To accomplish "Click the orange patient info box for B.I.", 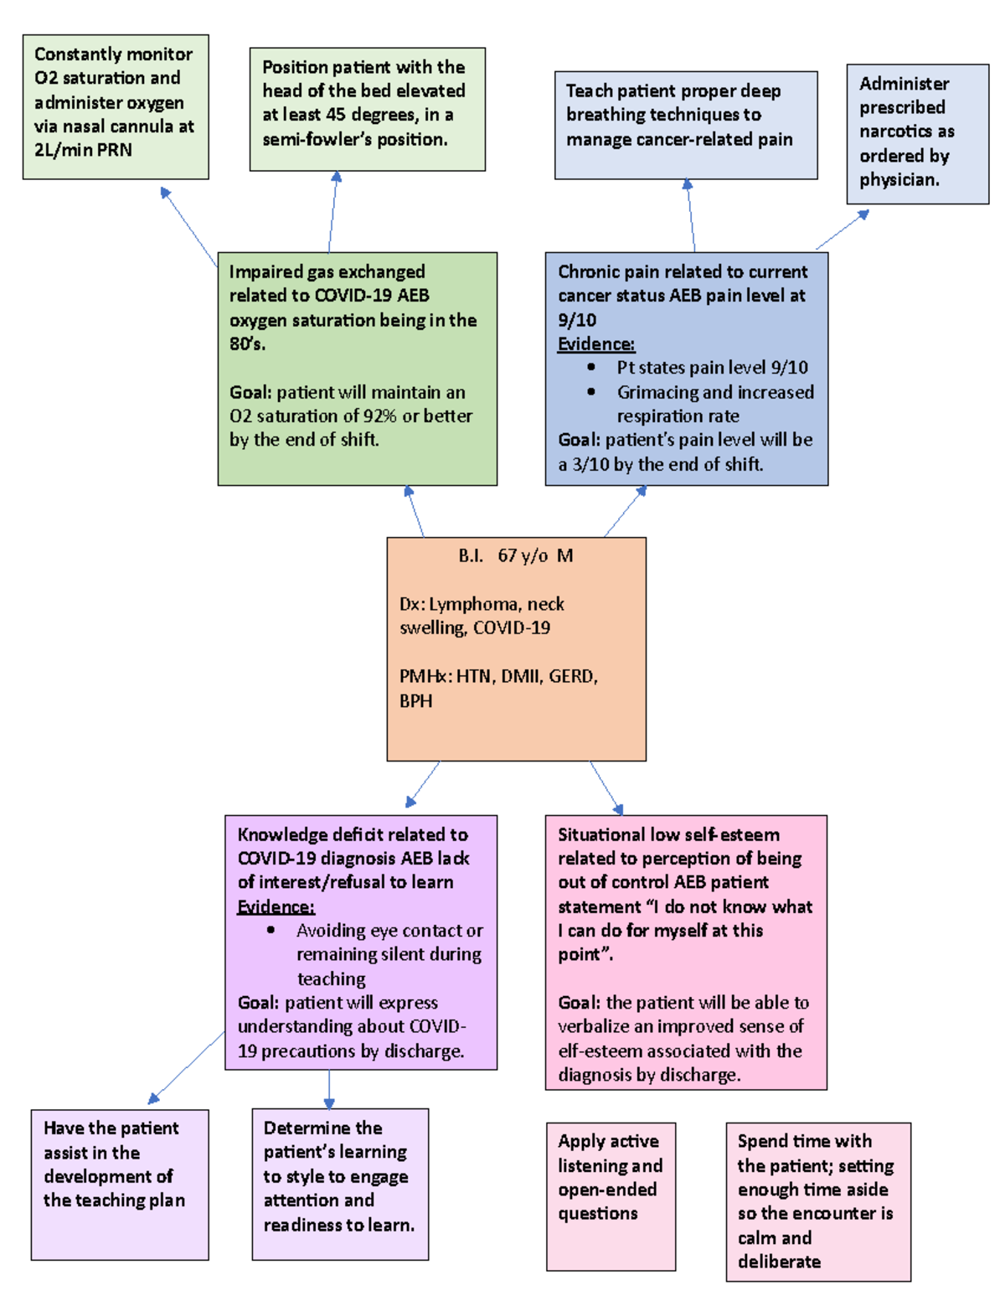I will (516, 649).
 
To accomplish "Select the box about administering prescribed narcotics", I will (917, 134).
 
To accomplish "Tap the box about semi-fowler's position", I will (367, 109).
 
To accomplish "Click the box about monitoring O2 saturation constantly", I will (116, 106).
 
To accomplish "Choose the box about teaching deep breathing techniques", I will (685, 125).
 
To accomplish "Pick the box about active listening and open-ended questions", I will (611, 1196).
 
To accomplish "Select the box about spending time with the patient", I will (817, 1201).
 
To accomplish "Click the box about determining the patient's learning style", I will (340, 1184).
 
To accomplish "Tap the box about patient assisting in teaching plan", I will (120, 1184).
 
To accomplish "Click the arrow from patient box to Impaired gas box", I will (415, 511).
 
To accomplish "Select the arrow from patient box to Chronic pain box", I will (625, 511).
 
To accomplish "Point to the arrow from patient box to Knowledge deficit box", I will (423, 784).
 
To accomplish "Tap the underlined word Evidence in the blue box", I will (596, 344).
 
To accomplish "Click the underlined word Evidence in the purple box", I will (276, 907).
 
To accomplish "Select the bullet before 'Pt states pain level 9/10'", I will (591, 367).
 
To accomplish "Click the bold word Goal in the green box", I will (250, 393).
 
